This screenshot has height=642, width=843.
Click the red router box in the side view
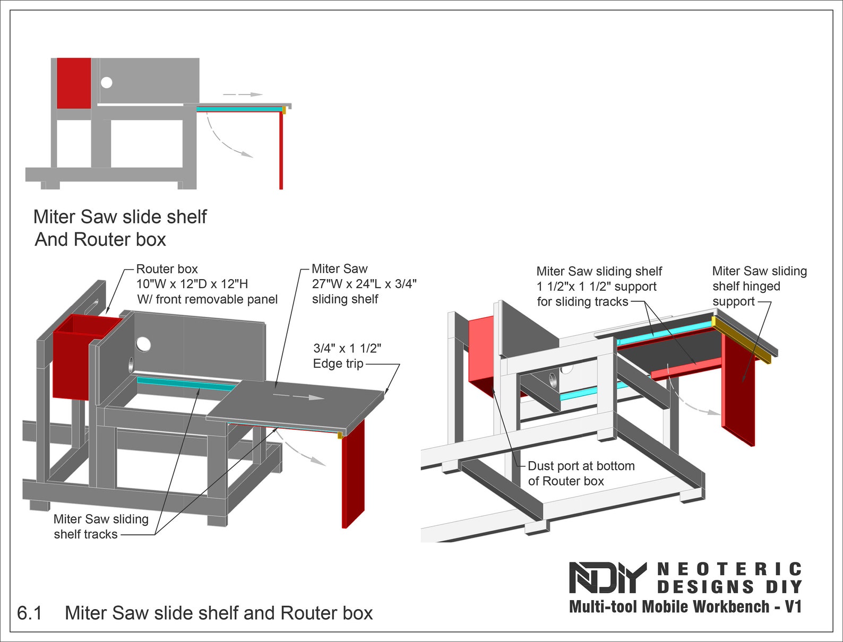pos(74,83)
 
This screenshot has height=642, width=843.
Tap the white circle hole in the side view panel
pos(107,82)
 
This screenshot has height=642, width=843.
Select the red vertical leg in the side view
pos(281,151)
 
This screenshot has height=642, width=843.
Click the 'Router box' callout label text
pos(167,269)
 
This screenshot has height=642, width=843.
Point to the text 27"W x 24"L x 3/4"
pos(364,284)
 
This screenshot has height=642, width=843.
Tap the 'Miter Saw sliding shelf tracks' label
pos(100,526)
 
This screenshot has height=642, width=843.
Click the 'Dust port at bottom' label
pos(581,466)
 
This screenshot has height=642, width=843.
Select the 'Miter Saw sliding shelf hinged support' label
pos(759,286)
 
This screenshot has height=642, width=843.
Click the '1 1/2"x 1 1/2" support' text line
pos(596,287)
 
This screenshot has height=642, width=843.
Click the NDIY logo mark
pos(607,577)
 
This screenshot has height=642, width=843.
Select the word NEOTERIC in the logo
pos(729,569)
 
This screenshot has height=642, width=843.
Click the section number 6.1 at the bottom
pos(29,613)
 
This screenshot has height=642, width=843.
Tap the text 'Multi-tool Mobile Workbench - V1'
pos(685,606)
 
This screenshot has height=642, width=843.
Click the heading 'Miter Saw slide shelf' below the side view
pos(120,217)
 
